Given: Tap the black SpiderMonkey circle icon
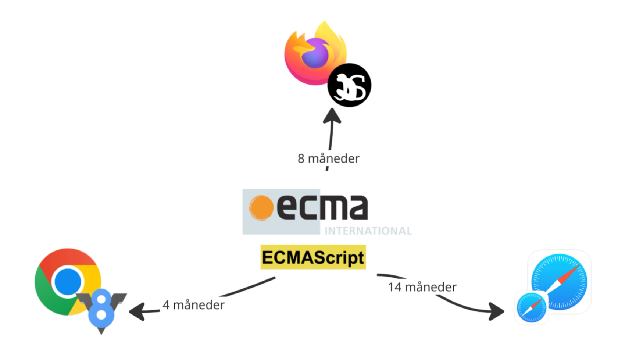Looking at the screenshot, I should click(349, 85).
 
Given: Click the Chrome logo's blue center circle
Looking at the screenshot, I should click(68, 282).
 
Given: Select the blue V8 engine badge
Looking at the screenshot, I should click(102, 307).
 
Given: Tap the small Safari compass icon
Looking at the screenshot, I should click(531, 307).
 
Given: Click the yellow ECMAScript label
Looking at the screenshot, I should click(313, 257).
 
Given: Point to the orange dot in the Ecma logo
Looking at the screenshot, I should click(261, 208).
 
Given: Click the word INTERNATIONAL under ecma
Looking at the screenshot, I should click(368, 231).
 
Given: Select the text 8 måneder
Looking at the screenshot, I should click(328, 158).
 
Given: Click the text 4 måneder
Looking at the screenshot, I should click(193, 305).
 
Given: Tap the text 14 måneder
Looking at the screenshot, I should click(422, 287).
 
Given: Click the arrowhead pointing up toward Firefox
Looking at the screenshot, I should click(332, 115).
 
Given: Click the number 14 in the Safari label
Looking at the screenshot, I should click(394, 287).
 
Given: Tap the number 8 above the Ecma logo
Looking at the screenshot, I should click(301, 159).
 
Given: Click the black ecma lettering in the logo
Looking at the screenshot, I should click(322, 208).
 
